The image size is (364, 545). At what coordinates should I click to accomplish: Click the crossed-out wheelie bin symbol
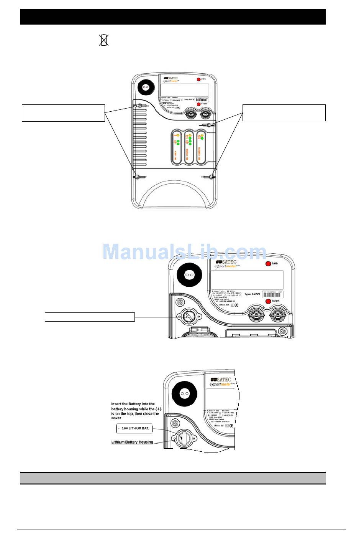[104, 40]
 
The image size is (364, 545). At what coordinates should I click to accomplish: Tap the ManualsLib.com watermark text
[184, 252]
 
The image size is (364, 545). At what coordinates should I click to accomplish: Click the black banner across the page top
[173, 17]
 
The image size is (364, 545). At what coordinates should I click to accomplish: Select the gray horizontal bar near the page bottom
[173, 478]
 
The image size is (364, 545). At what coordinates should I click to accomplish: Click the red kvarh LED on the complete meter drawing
[199, 104]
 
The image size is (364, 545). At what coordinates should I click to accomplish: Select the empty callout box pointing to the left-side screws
[63, 113]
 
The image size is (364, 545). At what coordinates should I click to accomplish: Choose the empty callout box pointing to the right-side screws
[284, 113]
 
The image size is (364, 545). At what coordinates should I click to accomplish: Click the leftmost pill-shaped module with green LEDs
[177, 147]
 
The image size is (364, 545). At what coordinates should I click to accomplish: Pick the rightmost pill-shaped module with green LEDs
[201, 147]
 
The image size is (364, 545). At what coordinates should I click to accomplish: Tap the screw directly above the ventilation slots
[140, 106]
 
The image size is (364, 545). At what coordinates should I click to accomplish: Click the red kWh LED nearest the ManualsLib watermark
[268, 264]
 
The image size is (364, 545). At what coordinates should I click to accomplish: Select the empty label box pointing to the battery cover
[90, 317]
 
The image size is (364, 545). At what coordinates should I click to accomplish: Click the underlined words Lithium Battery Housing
[132, 442]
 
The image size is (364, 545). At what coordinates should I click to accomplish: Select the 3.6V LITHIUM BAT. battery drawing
[134, 428]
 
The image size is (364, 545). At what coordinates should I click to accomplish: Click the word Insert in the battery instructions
[116, 404]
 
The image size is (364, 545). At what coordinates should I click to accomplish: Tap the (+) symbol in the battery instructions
[158, 409]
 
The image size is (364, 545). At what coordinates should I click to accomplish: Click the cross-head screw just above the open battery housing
[175, 424]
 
